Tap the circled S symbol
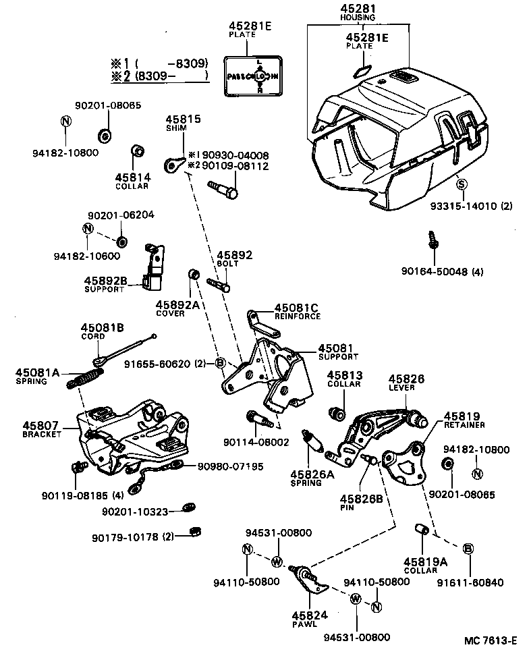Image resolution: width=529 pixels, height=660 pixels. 462,183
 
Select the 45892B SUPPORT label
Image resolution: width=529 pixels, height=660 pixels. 105,284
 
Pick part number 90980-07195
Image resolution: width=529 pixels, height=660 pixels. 230,466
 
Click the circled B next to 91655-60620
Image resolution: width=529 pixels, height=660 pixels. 219,364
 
